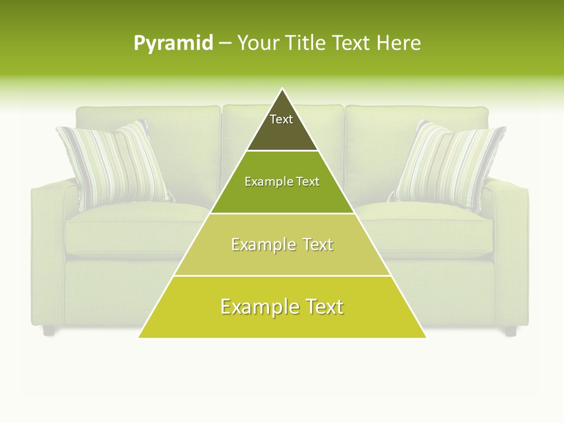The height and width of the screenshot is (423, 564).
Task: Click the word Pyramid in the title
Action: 173,43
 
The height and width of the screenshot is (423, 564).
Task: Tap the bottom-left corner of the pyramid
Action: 140,337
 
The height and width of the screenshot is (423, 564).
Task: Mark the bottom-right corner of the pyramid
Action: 425,337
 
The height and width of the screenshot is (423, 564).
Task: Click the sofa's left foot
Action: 49,331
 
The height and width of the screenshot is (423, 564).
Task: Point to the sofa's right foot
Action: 511,331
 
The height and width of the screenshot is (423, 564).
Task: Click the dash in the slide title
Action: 224,43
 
